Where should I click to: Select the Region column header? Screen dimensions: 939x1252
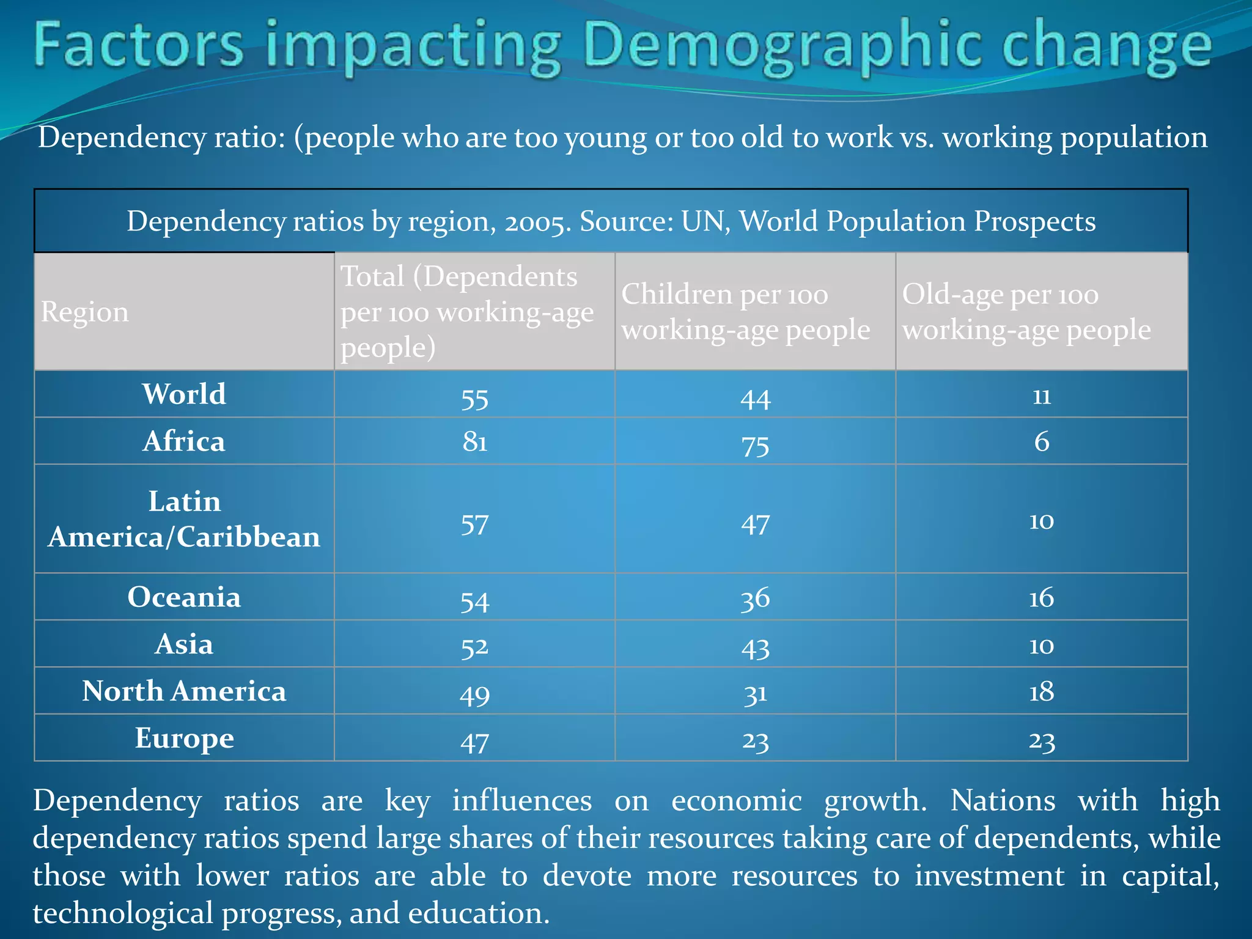point(85,312)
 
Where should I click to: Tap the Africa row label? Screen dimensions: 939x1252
point(184,441)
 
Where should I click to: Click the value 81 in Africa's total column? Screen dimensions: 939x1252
point(474,441)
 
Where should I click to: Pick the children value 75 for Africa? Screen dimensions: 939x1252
point(755,445)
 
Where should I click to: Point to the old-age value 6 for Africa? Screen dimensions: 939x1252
point(1042,441)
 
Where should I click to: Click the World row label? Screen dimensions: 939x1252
point(184,394)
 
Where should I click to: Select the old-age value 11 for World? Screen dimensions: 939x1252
point(1042,396)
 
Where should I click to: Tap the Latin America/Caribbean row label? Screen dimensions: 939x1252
point(184,519)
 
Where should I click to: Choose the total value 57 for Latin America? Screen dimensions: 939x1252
point(474,525)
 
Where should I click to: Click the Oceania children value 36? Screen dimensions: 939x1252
point(755,598)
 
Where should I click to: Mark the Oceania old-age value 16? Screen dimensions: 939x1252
point(1041,597)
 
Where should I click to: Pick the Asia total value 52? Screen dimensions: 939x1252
point(474,646)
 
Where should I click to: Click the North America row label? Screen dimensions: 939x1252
point(184,691)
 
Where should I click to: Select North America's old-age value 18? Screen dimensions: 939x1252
point(1042,691)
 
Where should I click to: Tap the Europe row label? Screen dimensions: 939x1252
point(184,738)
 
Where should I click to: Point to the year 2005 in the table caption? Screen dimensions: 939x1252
point(537,222)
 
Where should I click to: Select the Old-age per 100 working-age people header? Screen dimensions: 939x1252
point(1026,312)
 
